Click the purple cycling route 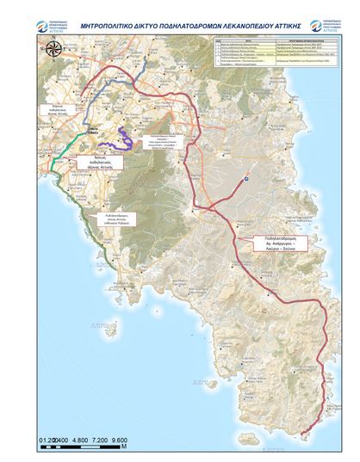click(x=128, y=138)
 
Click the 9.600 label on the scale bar click(x=116, y=440)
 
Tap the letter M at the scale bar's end click(x=124, y=448)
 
